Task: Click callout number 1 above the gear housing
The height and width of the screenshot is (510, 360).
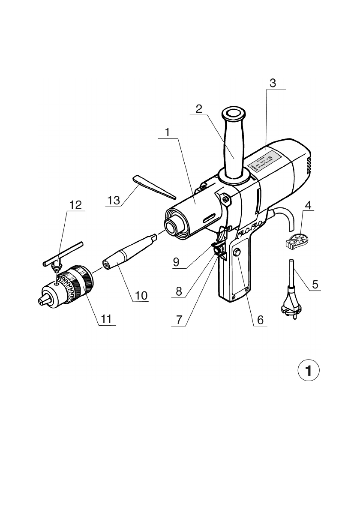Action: (x=168, y=132)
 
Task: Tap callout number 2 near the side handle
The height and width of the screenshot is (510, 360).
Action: (x=198, y=108)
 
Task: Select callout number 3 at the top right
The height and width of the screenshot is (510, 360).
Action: (x=273, y=82)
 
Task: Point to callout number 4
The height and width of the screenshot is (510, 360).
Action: (x=308, y=204)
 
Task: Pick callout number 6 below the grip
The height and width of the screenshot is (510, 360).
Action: (x=260, y=320)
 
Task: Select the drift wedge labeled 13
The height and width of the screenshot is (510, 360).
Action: (x=154, y=187)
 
